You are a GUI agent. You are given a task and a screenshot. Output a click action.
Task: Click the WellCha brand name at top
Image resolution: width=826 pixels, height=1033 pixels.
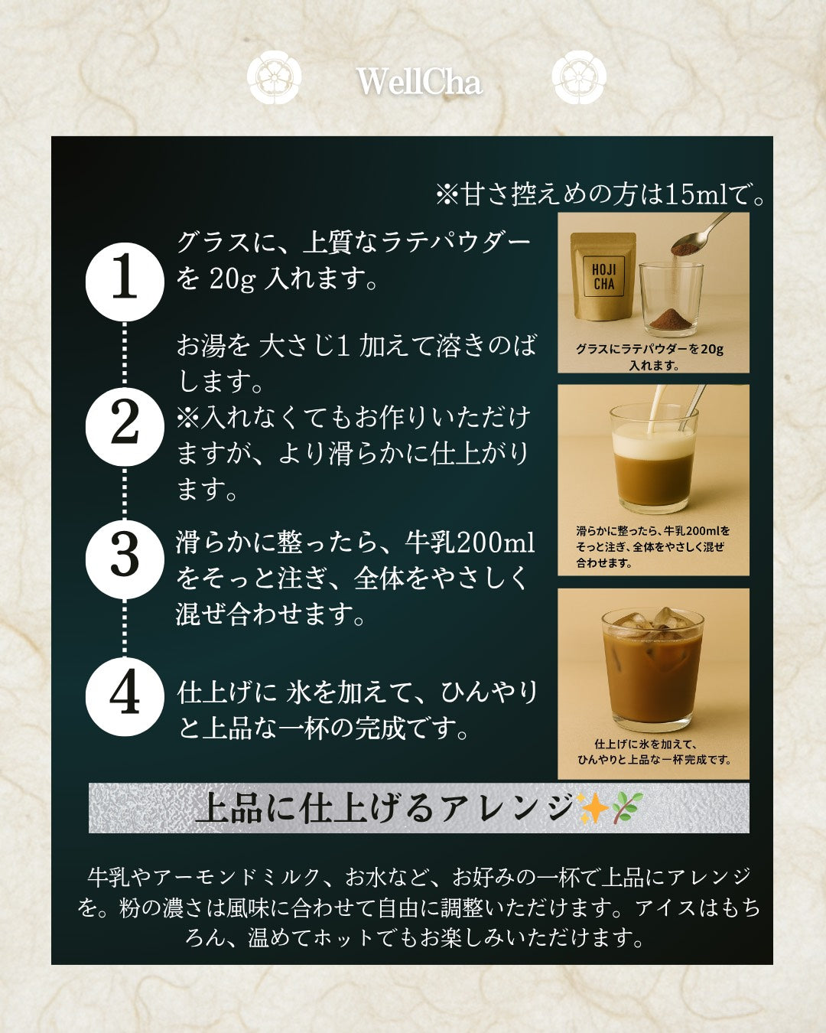point(419,82)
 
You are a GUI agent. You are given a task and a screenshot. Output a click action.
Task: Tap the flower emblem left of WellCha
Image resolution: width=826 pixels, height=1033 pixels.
point(274,77)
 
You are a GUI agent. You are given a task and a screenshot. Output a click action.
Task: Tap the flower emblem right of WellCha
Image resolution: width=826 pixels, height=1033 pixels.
point(579,77)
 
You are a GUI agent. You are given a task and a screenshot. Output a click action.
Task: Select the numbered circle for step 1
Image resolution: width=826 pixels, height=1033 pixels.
point(124,280)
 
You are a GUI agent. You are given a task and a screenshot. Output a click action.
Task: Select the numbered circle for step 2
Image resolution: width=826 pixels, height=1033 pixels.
point(124,425)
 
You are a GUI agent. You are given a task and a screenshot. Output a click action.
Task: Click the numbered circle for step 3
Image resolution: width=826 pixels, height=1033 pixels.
point(124,558)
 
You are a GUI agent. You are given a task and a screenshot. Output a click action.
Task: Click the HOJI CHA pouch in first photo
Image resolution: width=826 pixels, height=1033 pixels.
point(603,279)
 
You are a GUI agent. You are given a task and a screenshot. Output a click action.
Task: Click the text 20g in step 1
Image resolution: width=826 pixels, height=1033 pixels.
point(232,279)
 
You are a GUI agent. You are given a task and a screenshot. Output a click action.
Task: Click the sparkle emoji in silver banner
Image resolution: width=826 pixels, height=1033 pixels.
point(593,808)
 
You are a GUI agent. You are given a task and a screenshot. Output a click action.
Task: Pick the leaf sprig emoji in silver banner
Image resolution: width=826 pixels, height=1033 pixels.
point(627,808)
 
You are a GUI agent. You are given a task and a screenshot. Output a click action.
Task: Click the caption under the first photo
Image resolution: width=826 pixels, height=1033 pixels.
point(650,357)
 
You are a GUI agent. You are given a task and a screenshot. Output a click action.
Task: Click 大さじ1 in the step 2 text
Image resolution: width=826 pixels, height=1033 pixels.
point(304,346)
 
